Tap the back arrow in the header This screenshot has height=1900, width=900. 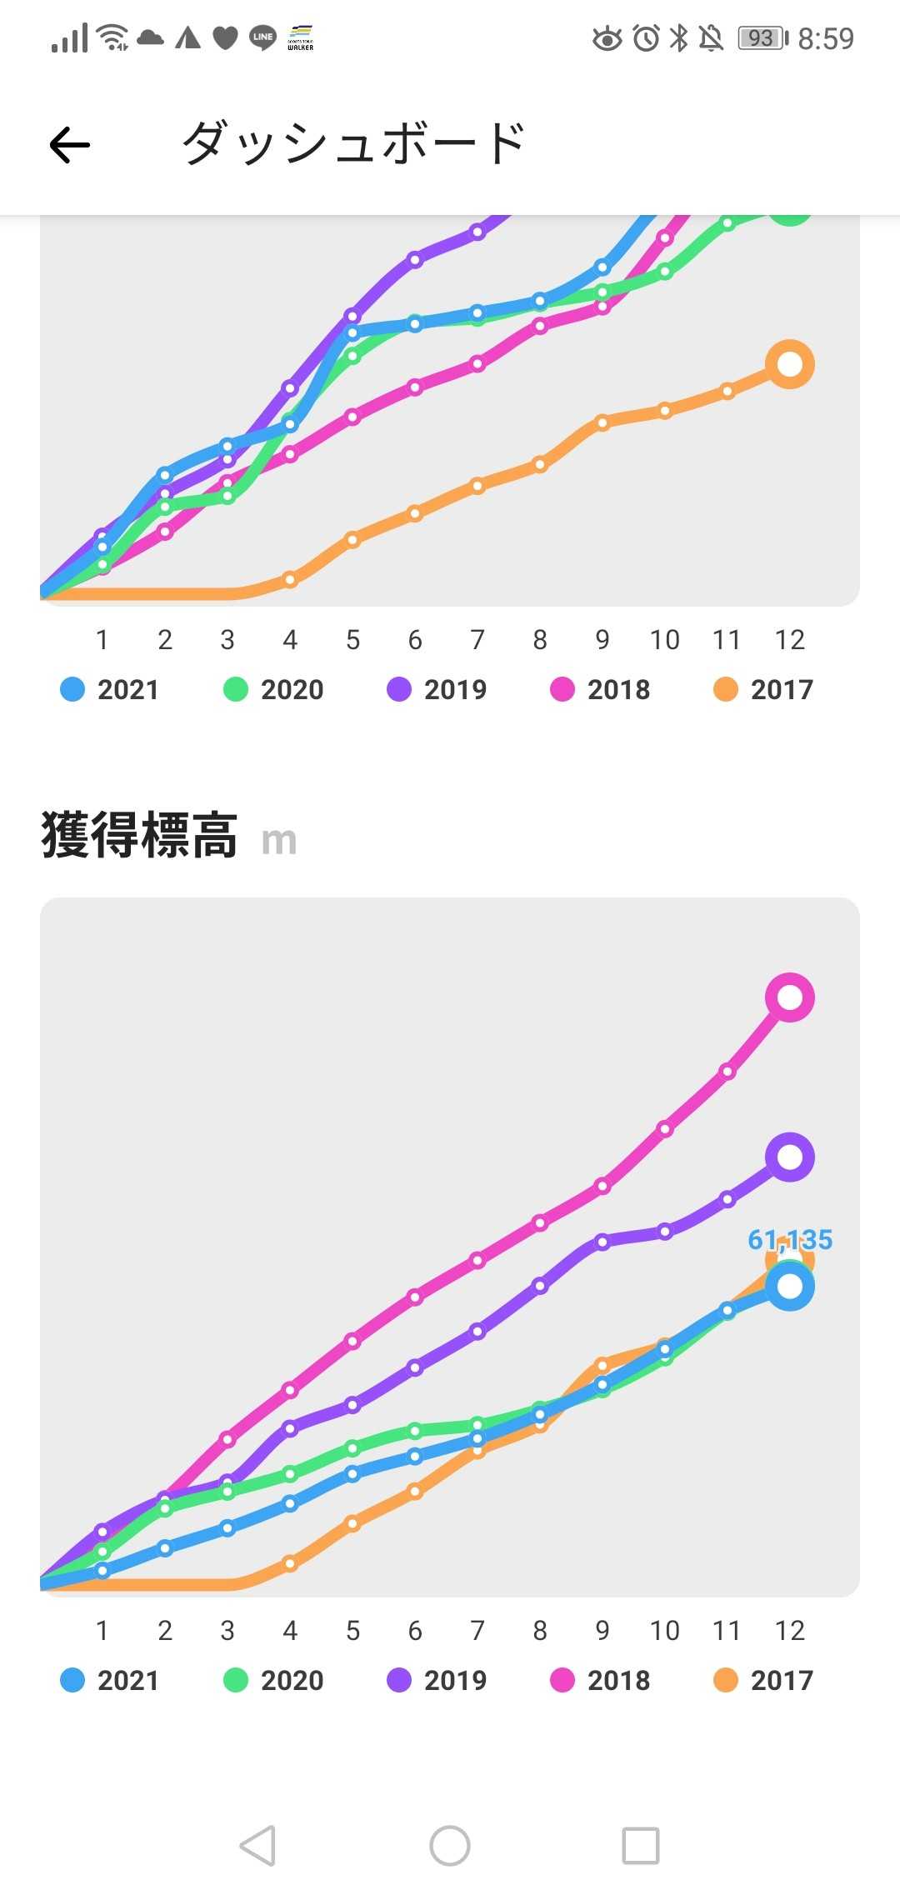coord(70,145)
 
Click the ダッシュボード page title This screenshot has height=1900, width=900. coord(353,143)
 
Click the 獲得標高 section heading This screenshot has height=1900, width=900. coord(140,836)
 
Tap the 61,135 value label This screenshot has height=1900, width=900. coord(790,1240)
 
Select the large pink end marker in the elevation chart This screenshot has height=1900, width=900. coord(789,997)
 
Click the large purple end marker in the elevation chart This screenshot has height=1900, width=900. coord(789,1157)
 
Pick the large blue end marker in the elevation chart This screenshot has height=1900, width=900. coord(789,1287)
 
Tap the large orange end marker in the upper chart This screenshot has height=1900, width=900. coord(789,364)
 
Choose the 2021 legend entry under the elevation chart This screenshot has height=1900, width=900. coord(110,1680)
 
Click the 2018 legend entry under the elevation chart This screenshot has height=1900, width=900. coord(600,1680)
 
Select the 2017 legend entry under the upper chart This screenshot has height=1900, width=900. coord(763,689)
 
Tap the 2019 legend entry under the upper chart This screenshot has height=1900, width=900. coord(437,689)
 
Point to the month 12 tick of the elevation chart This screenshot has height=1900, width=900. coord(789,1630)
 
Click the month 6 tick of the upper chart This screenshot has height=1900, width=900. coord(415,640)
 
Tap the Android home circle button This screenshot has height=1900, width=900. coord(450,1846)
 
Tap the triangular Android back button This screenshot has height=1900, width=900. coord(257,1846)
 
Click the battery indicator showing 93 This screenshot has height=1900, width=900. coord(762,38)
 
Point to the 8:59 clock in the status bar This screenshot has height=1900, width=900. coord(825,38)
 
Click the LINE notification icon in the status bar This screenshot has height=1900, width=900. coord(263,37)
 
